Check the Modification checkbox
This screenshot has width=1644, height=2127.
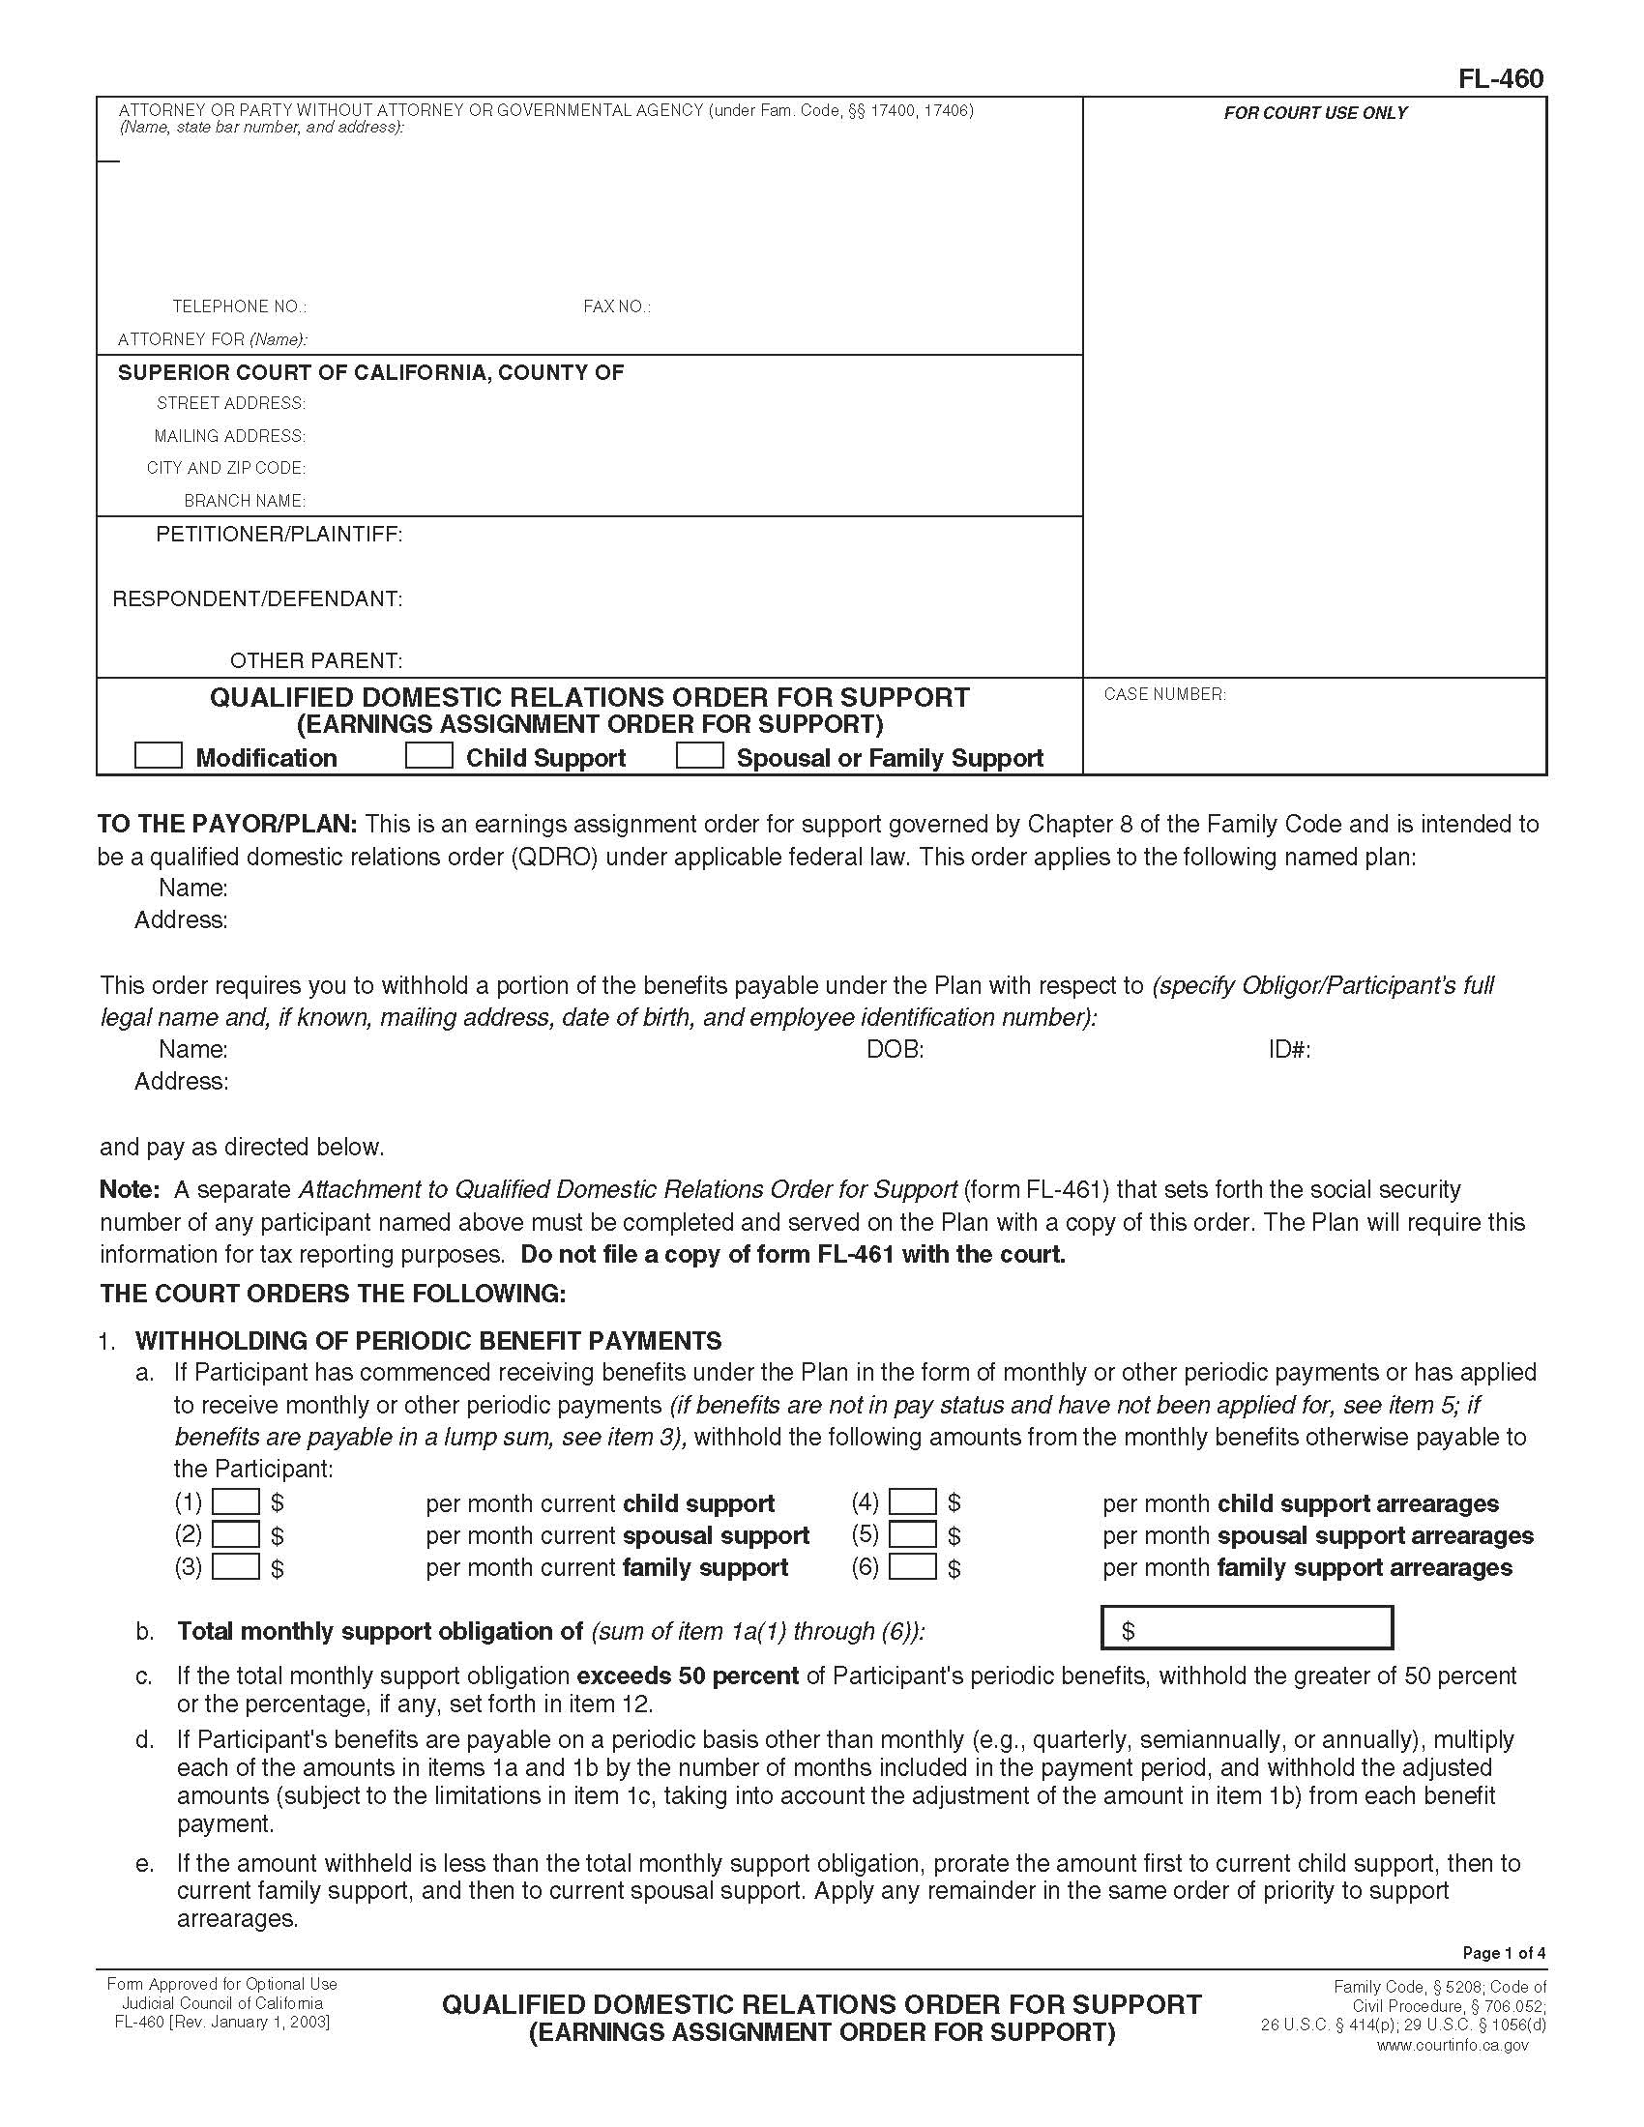coord(158,756)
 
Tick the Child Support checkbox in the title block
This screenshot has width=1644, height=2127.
coord(428,756)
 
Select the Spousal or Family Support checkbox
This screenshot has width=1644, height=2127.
coord(699,756)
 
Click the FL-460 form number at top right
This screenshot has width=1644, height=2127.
coord(1500,79)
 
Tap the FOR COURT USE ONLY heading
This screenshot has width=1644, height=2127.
coord(1315,113)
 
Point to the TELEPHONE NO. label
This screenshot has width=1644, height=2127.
coord(240,306)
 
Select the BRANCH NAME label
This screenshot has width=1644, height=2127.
coord(245,501)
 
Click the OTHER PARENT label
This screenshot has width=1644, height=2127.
coord(315,660)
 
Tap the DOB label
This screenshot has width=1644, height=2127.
coord(895,1049)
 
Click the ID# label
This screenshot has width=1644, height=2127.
coord(1288,1049)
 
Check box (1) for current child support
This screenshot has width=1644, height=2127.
coord(236,1501)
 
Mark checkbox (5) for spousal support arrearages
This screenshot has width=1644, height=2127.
coord(913,1535)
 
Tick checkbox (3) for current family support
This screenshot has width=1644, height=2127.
coord(236,1567)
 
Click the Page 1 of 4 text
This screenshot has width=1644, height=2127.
coord(1504,1953)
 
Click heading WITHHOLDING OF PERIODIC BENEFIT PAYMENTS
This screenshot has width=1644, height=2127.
coord(428,1340)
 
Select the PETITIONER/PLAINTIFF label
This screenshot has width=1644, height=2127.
coord(279,535)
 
